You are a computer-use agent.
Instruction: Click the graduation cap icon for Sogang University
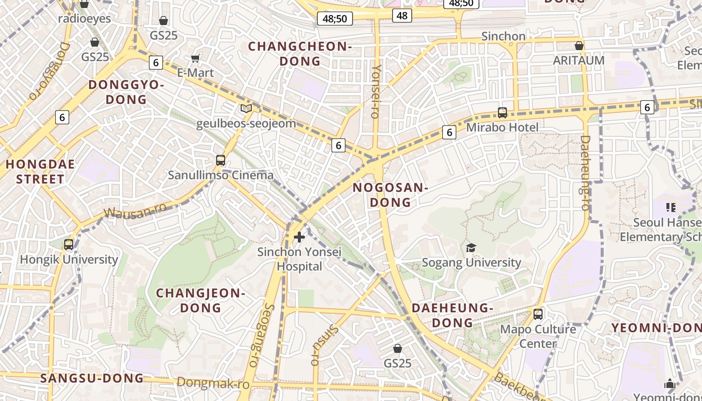(471, 248)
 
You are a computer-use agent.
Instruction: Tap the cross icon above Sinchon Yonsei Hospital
(299, 237)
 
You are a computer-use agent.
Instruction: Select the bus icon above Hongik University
(69, 245)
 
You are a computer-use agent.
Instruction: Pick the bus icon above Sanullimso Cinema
(221, 160)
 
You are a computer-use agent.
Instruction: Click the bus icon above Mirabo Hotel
(502, 113)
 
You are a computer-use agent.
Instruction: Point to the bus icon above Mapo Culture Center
(538, 314)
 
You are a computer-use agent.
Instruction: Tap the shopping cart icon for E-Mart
(196, 58)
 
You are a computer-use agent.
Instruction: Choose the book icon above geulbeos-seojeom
(246, 108)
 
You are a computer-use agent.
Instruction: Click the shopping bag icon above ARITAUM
(579, 46)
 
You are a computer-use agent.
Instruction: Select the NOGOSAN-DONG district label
(390, 195)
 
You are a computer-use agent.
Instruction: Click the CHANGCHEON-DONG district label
(300, 54)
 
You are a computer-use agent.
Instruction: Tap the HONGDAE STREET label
(40, 171)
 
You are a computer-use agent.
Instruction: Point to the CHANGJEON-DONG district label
(201, 300)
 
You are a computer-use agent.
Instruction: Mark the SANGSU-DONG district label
(92, 378)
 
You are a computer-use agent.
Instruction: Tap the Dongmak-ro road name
(213, 384)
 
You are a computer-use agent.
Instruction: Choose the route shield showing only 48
(402, 16)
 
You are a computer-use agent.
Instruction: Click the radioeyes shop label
(84, 19)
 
